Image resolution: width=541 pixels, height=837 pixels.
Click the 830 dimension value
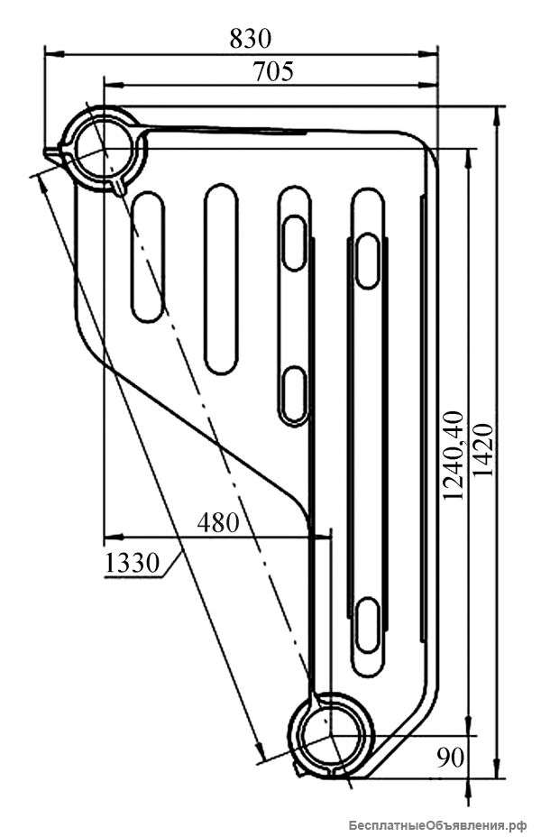click(251, 39)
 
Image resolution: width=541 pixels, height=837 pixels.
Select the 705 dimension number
click(273, 71)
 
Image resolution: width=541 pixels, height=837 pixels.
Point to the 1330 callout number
click(132, 562)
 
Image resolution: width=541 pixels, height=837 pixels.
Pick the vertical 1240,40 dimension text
click(454, 455)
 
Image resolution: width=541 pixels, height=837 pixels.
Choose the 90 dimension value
click(450, 757)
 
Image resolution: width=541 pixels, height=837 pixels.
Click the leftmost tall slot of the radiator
click(148, 257)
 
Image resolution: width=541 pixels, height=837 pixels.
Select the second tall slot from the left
click(221, 279)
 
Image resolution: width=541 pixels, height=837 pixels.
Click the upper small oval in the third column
click(294, 243)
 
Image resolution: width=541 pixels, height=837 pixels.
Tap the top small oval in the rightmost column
click(368, 261)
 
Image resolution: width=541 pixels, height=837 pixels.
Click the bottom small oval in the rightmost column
click(368, 625)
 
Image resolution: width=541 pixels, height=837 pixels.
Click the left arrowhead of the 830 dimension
click(54, 53)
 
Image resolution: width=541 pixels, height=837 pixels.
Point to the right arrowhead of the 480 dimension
click(321, 536)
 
